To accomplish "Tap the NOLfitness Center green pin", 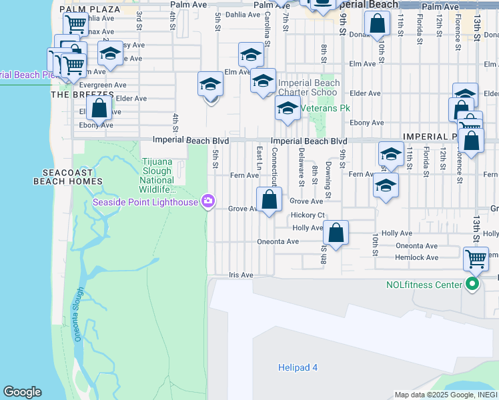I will pyautogui.click(x=473, y=285).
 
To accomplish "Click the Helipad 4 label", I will pyautogui.click(x=298, y=367).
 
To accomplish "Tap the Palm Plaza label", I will pyautogui.click(x=90, y=9).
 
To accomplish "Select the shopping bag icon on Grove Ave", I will pyautogui.click(x=269, y=199).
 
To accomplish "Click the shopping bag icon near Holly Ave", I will pyautogui.click(x=336, y=233).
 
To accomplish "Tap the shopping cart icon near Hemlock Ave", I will pyautogui.click(x=476, y=257).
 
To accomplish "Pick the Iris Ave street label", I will pyautogui.click(x=241, y=275).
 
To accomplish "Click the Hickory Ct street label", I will pyautogui.click(x=308, y=215).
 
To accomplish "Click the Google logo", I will pyautogui.click(x=22, y=392).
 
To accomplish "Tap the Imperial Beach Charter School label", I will pyautogui.click(x=308, y=87).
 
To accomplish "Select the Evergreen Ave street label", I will pyautogui.click(x=103, y=85).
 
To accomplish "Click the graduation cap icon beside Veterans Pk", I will pyautogui.click(x=288, y=108).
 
